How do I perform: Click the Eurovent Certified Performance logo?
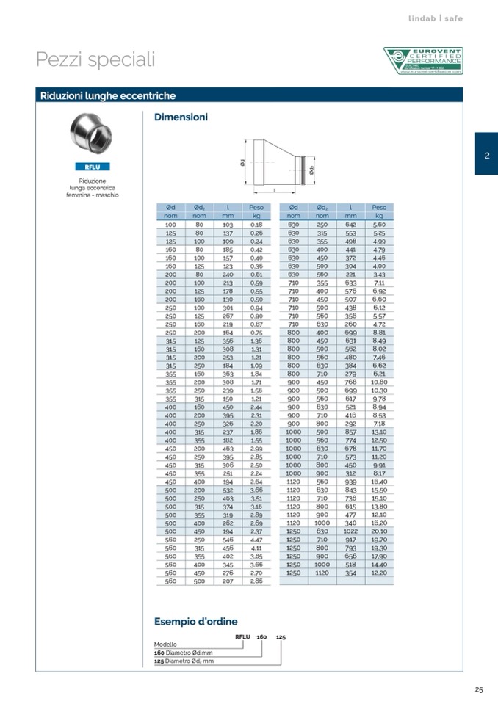click(423, 61)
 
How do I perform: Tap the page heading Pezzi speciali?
click(95, 60)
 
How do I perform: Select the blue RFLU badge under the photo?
click(93, 167)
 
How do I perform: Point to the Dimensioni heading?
click(181, 117)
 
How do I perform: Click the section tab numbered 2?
click(486, 154)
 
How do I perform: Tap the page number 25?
click(479, 689)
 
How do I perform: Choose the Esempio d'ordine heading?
click(195, 621)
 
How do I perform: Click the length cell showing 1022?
click(351, 531)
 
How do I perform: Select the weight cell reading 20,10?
click(379, 531)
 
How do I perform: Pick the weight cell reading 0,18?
click(256, 224)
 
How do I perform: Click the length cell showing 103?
click(228, 224)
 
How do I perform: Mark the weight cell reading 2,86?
click(256, 581)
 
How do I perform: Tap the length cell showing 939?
click(351, 481)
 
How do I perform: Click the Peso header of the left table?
click(256, 208)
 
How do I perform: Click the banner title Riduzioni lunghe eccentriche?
click(108, 96)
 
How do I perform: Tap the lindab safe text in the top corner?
click(436, 18)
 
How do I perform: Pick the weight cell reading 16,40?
click(379, 481)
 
